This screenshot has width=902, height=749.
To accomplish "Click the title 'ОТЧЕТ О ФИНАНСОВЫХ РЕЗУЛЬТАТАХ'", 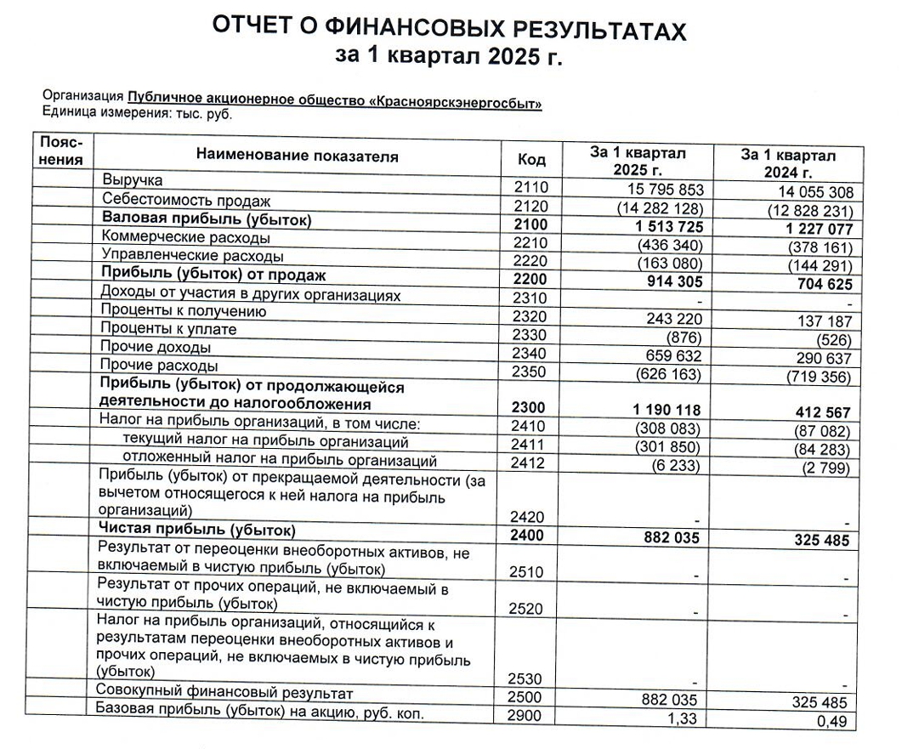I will (448, 27).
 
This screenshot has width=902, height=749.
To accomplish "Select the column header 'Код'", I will (531, 160).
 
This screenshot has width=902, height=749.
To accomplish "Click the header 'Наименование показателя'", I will (297, 156).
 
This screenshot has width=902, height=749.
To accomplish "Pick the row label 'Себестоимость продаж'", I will (186, 201).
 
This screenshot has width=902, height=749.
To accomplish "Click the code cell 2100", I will (531, 224).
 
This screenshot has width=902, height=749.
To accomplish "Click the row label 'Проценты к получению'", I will (184, 311).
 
